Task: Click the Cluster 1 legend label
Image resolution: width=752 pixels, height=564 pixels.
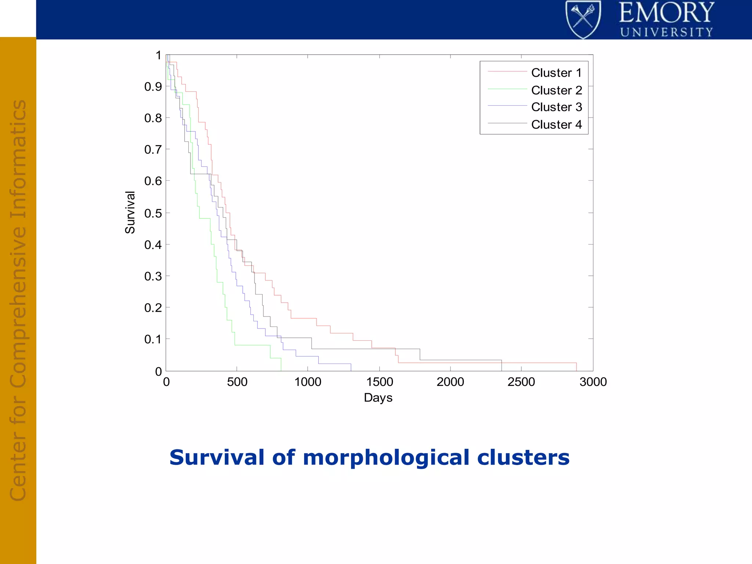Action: [556, 73]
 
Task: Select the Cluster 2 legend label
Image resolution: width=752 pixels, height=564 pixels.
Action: [556, 90]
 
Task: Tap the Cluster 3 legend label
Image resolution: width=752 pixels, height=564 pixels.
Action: [556, 107]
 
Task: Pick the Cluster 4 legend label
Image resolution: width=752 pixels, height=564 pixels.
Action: [556, 124]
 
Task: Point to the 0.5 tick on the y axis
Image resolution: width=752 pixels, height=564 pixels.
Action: [153, 213]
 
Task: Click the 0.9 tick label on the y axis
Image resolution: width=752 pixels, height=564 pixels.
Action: [153, 87]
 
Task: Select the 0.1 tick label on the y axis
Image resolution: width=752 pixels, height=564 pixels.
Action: [153, 339]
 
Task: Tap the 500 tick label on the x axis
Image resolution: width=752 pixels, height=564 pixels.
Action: [237, 382]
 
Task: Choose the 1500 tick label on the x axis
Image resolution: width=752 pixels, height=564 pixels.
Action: [379, 382]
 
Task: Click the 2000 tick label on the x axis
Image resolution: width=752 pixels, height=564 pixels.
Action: [450, 382]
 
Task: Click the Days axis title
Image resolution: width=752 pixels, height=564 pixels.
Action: [378, 398]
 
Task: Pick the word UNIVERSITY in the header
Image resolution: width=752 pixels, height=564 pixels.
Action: [666, 32]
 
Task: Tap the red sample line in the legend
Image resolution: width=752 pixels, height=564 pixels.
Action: [507, 72]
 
